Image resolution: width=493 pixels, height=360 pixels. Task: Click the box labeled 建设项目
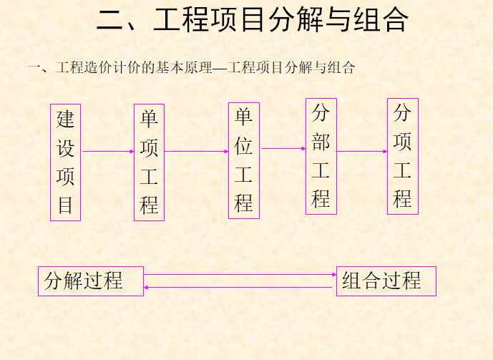(65, 162)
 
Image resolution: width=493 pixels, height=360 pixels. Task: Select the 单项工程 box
(149, 162)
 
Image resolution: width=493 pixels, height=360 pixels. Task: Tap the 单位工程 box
(244, 160)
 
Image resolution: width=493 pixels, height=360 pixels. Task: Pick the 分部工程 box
(321, 156)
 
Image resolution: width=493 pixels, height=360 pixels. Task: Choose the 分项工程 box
(403, 156)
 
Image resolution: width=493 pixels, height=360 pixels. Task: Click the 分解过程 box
(91, 281)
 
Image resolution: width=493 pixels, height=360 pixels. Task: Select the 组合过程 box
(386, 281)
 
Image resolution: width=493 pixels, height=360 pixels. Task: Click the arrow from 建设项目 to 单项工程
(107, 152)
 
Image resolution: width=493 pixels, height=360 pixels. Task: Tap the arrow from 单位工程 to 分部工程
(283, 149)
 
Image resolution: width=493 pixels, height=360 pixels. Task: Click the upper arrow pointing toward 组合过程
(240, 275)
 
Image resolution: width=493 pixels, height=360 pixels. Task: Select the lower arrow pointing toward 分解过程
(240, 288)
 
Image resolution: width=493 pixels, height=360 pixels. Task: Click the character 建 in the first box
(65, 119)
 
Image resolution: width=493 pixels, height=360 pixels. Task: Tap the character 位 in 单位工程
(244, 146)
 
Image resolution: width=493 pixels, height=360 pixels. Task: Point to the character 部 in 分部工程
(321, 142)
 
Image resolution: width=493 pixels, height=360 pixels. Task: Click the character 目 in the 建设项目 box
(65, 205)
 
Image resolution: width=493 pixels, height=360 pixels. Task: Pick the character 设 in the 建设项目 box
(65, 148)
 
